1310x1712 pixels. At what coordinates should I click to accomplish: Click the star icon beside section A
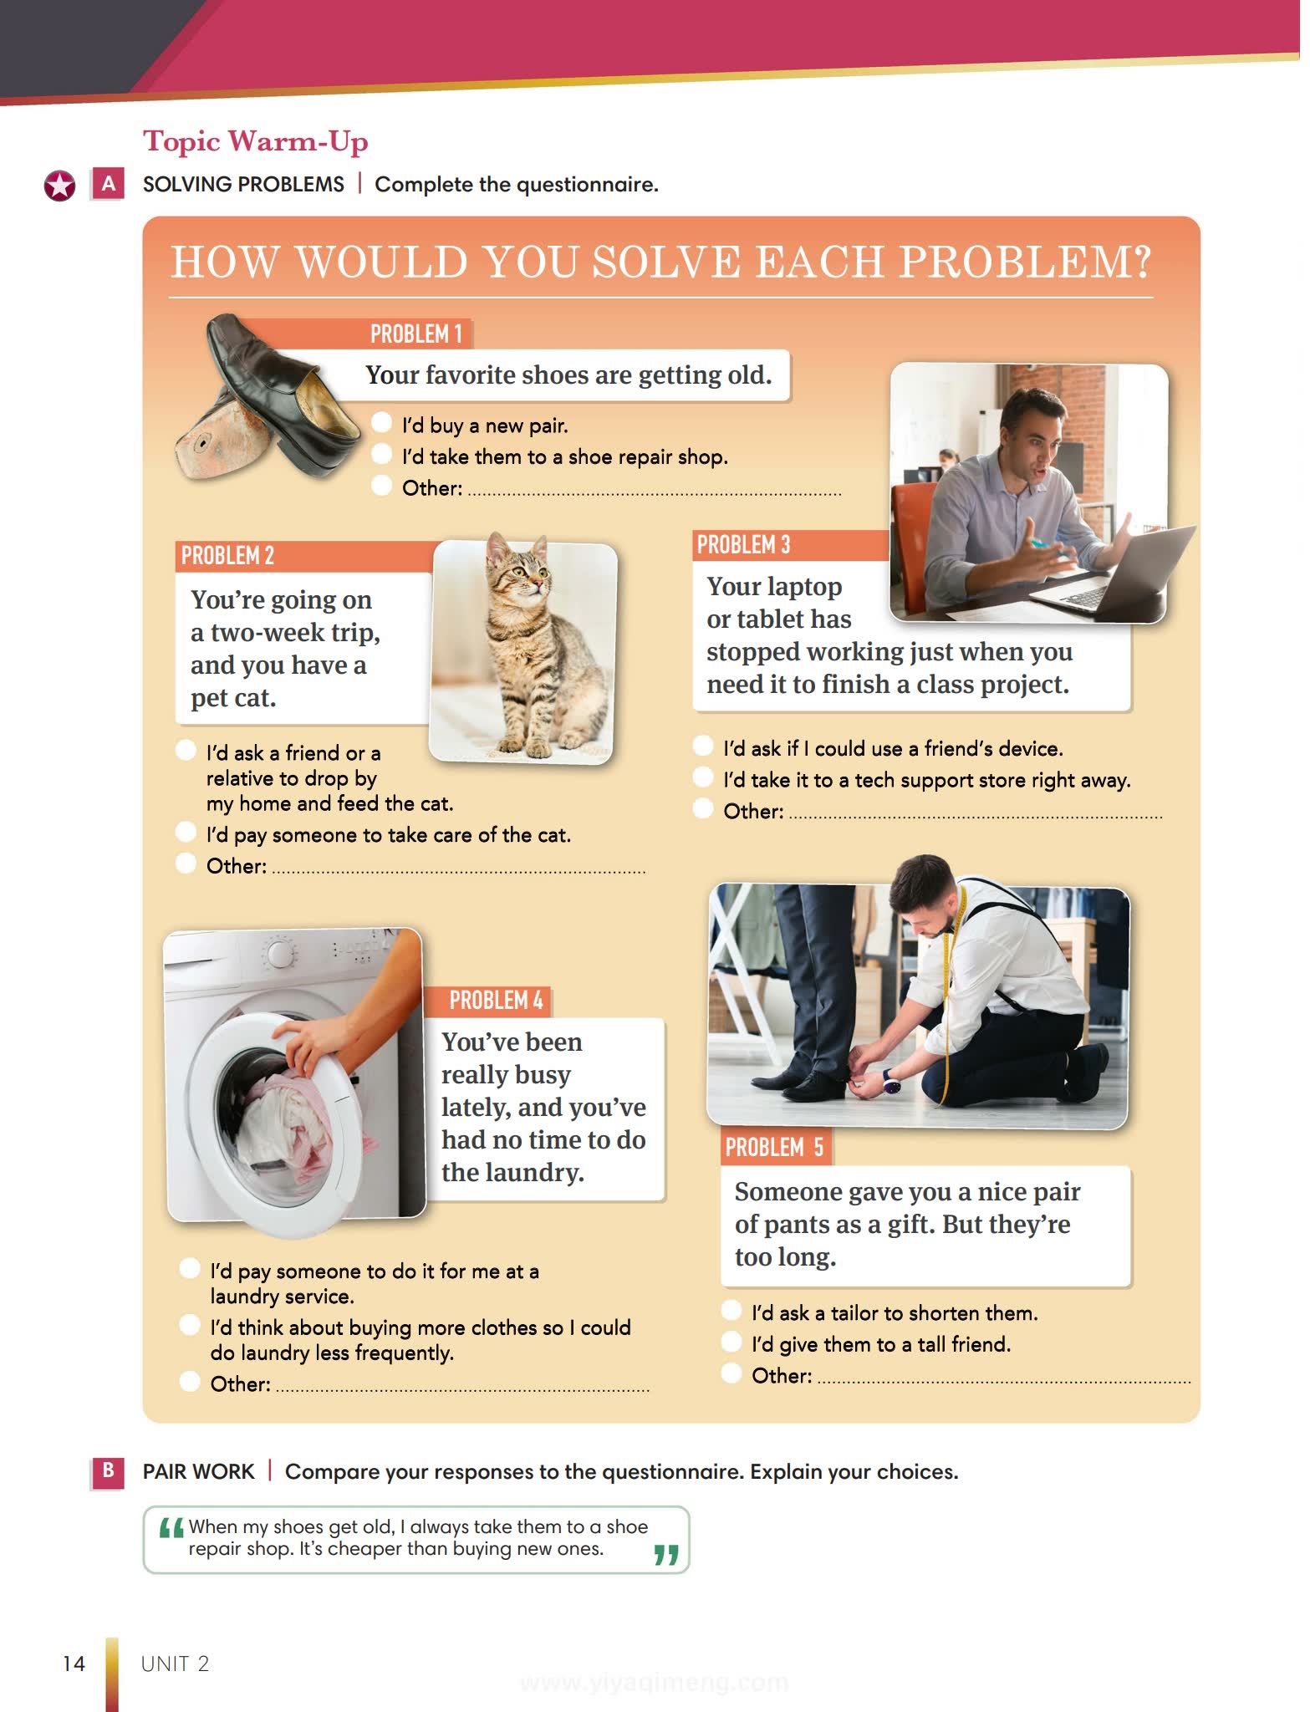(x=59, y=186)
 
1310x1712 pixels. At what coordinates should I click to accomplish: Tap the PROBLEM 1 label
(x=416, y=334)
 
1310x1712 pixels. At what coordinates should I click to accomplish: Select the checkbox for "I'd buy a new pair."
(x=381, y=423)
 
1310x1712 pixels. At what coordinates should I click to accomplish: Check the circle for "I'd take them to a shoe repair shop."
(x=381, y=454)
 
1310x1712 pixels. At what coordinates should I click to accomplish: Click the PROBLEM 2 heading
(x=227, y=556)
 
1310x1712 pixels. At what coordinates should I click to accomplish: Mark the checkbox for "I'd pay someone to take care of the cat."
(x=186, y=832)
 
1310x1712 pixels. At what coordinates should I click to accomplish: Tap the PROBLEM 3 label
(x=743, y=545)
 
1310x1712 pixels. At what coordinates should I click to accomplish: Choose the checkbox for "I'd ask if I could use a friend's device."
(x=703, y=746)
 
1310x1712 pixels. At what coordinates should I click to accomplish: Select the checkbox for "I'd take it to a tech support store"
(x=703, y=777)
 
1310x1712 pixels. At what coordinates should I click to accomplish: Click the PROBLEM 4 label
(x=496, y=1001)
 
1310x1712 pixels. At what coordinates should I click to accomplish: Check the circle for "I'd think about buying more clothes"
(x=190, y=1325)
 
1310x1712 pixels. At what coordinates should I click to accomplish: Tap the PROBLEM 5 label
(x=774, y=1148)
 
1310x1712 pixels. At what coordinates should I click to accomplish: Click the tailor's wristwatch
(x=892, y=1084)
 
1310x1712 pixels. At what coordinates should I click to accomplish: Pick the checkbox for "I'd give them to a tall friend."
(x=731, y=1342)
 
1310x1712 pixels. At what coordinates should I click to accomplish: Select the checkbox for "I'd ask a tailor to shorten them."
(x=731, y=1310)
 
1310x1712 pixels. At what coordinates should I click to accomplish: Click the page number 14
(x=74, y=1664)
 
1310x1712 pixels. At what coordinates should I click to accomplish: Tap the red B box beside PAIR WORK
(x=108, y=1471)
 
